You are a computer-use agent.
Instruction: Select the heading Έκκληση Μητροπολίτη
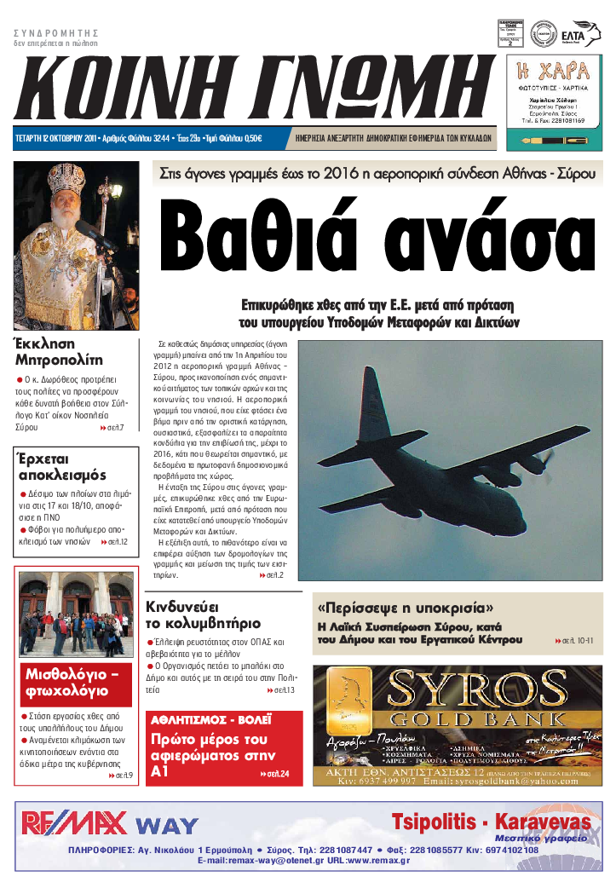[x=58, y=351]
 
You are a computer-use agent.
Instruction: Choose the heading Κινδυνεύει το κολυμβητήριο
[x=202, y=614]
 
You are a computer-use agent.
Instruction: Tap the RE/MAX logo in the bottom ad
[x=75, y=823]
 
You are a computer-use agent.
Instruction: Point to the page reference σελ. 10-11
[x=579, y=640]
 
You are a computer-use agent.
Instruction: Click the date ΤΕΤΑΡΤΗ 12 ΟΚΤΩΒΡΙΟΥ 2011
[x=55, y=139]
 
